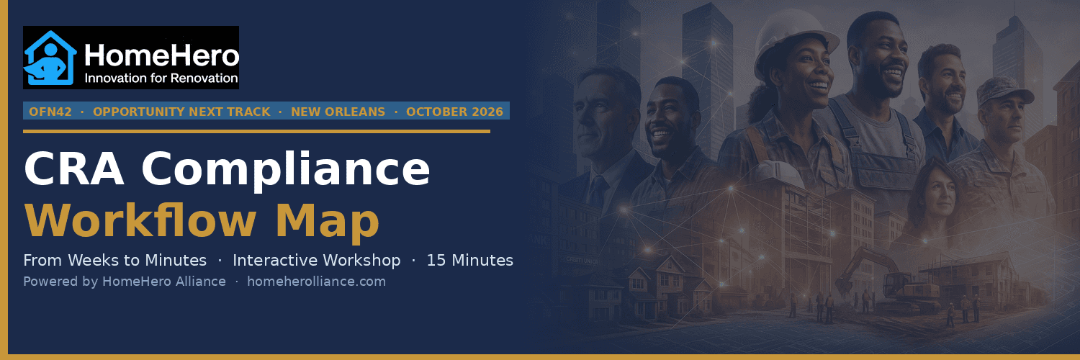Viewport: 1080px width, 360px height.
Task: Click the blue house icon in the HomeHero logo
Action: (x=50, y=58)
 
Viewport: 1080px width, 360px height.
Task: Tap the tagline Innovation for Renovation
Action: (x=161, y=78)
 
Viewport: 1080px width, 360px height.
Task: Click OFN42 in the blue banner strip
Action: (x=50, y=112)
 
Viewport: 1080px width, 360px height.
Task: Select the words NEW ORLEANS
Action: (x=338, y=112)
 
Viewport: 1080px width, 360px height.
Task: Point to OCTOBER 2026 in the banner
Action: (x=454, y=112)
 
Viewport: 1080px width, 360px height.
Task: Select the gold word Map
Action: (x=328, y=222)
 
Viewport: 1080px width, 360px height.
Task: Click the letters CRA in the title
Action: (x=73, y=168)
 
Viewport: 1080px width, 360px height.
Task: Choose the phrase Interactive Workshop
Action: (x=316, y=260)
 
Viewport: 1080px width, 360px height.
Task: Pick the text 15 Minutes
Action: (x=469, y=260)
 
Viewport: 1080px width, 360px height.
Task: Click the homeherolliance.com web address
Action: (x=316, y=282)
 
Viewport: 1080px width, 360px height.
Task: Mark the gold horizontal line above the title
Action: (x=256, y=131)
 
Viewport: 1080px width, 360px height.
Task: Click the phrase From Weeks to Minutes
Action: (x=114, y=260)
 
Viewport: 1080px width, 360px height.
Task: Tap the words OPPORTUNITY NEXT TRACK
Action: (x=181, y=112)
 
